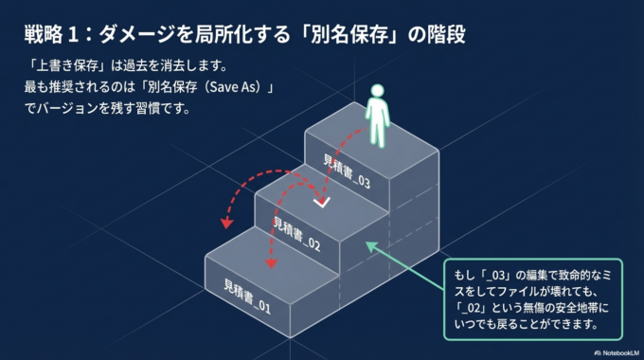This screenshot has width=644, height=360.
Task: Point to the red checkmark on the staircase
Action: (322, 200)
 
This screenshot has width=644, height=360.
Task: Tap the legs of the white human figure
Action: (380, 135)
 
